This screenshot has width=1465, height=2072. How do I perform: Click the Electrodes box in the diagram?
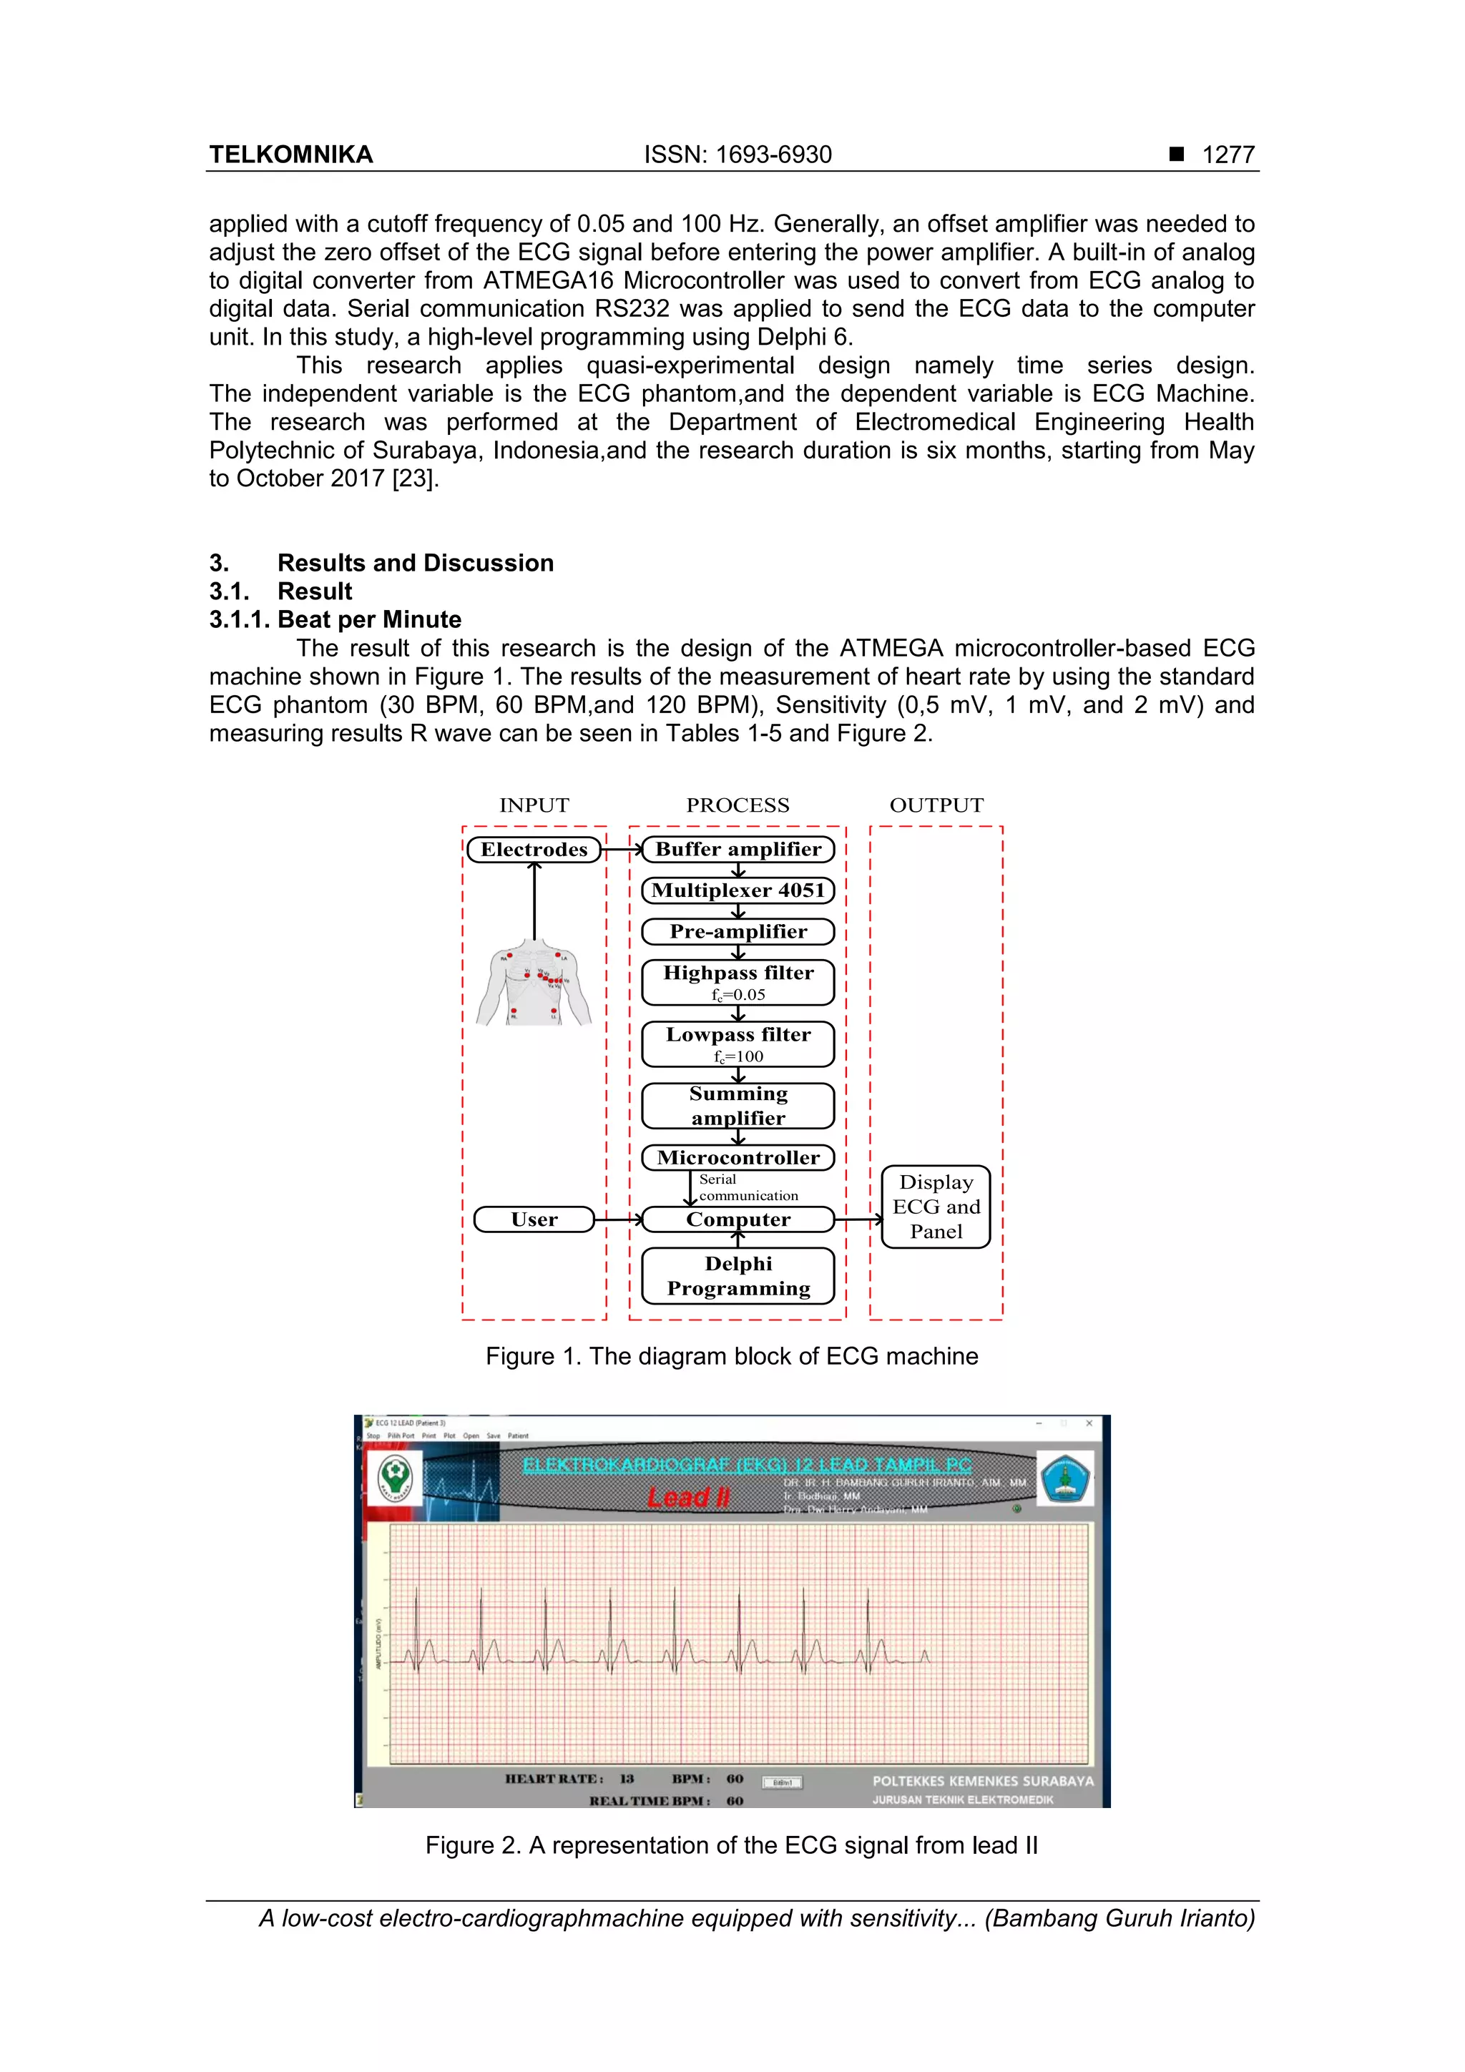534,849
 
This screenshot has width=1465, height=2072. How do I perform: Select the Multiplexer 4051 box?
738,890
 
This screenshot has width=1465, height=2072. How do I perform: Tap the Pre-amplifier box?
738,931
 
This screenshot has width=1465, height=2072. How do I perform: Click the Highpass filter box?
738,982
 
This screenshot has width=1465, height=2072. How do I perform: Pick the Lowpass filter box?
738,1044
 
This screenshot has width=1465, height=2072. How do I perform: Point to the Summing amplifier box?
738,1106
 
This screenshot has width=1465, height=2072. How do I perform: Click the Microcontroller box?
738,1157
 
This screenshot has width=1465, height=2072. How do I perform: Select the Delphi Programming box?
738,1275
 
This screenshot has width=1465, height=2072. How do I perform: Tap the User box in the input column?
534,1219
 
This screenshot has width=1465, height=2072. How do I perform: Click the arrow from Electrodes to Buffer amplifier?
622,849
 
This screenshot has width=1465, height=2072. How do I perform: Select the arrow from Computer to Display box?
858,1220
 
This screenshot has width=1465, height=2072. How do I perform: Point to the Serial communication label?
747,1187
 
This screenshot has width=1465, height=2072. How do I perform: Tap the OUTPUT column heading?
936,805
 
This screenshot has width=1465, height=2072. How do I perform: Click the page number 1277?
1228,154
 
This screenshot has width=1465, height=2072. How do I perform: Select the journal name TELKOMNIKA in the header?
290,154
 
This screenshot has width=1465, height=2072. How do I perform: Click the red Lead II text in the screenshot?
689,1497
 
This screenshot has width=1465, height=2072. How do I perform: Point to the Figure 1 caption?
731,1356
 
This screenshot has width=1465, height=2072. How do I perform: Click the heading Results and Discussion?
415,563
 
